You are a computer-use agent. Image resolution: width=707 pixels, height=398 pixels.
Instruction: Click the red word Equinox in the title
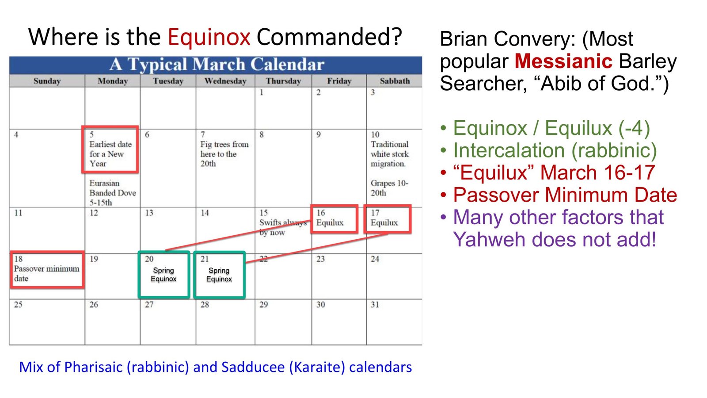pyautogui.click(x=209, y=37)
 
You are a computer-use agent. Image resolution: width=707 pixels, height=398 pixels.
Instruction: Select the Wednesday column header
pyautogui.click(x=225, y=81)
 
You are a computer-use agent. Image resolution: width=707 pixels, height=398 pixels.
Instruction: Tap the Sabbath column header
pyautogui.click(x=394, y=81)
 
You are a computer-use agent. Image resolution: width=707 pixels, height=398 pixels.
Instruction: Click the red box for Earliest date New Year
pyautogui.click(x=110, y=150)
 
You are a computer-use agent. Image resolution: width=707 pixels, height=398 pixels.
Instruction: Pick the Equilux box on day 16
pyautogui.click(x=334, y=218)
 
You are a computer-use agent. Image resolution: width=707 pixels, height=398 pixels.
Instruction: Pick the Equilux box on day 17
pyautogui.click(x=388, y=218)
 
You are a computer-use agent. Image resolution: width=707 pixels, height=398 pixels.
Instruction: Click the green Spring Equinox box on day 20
pyautogui.click(x=163, y=275)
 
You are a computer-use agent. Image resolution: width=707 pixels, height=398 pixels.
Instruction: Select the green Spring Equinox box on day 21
pyautogui.click(x=219, y=275)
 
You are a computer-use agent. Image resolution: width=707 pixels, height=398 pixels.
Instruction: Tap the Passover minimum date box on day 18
pyautogui.click(x=47, y=270)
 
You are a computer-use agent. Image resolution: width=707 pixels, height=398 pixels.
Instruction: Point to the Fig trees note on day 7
pyautogui.click(x=224, y=154)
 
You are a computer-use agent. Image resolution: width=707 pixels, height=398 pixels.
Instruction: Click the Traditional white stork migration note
pyautogui.click(x=389, y=154)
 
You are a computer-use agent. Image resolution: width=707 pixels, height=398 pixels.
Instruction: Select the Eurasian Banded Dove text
pyautogui.click(x=112, y=192)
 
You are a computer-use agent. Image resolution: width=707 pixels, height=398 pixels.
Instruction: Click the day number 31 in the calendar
pyautogui.click(x=375, y=305)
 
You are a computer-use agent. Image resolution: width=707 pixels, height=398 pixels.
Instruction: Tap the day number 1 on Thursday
pyautogui.click(x=262, y=92)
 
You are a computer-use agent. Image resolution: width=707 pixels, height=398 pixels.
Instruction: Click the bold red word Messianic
pyautogui.click(x=563, y=61)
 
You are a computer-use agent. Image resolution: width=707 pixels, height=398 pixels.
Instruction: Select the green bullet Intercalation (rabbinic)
pyautogui.click(x=555, y=150)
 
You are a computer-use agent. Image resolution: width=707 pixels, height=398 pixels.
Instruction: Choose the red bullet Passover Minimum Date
pyautogui.click(x=565, y=195)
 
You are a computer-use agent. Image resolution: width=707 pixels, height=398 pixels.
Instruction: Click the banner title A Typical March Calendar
pyautogui.click(x=217, y=65)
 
